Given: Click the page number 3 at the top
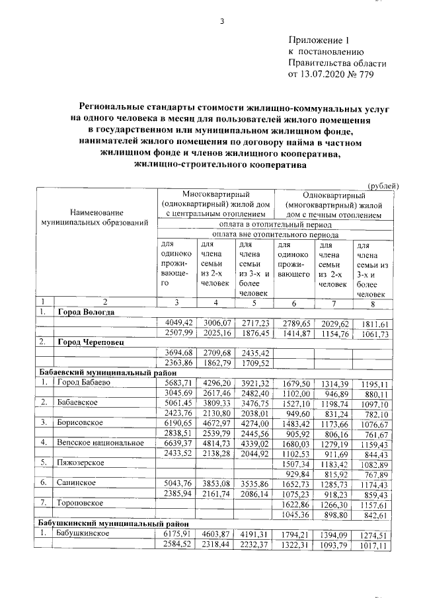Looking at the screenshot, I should click(222, 22).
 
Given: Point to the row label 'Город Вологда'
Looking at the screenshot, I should click(86, 312).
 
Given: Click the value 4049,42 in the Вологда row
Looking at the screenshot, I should click(176, 322).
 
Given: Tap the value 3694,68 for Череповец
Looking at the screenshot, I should click(176, 352).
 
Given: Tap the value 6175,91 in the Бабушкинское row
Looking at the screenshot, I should click(176, 533).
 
